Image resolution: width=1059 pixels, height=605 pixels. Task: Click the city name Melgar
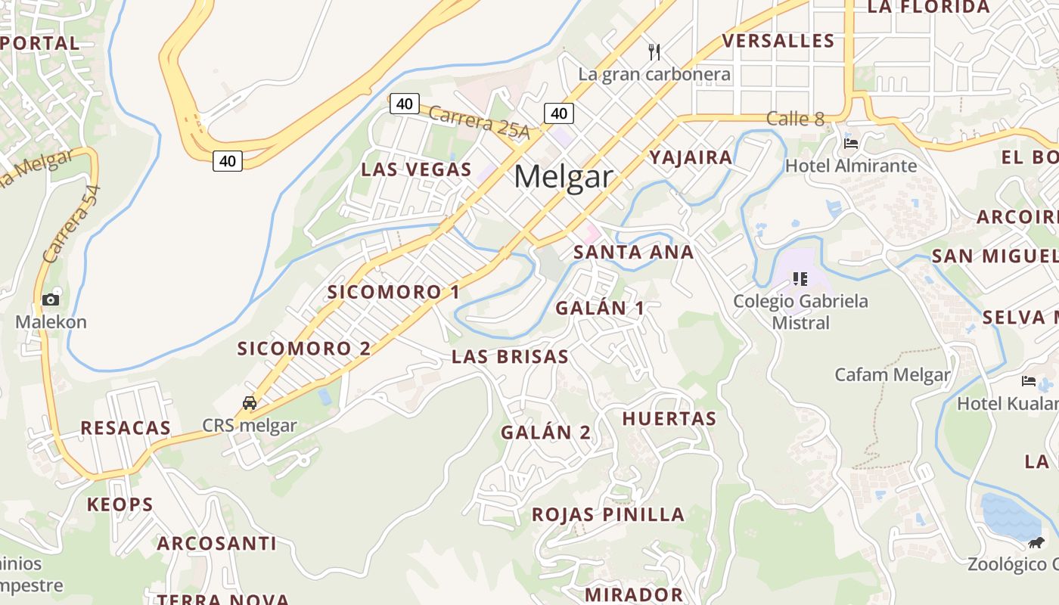point(563,177)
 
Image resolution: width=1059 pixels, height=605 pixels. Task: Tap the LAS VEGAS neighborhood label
point(416,169)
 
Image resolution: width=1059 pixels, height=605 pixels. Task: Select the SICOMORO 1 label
point(393,292)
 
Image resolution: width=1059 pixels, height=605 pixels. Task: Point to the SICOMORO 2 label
point(304,349)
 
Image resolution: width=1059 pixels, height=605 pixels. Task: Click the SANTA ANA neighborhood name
point(633,252)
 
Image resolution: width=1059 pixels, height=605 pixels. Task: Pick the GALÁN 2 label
point(545,433)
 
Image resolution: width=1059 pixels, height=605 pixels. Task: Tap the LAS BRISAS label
point(510,357)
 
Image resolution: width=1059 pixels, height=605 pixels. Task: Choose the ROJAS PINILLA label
point(608,515)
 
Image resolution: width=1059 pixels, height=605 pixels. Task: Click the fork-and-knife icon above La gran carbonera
point(654,52)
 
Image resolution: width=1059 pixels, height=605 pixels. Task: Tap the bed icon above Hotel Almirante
point(851,144)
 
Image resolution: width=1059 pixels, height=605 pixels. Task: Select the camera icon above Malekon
point(51,299)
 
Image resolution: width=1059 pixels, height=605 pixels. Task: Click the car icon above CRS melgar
point(250,403)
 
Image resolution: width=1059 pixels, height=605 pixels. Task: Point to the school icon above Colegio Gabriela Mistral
point(800,279)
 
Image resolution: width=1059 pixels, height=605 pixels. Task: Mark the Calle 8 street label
point(795,119)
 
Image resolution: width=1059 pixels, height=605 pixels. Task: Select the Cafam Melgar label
point(892,374)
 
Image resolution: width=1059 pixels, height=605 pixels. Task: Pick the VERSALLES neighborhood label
point(778,41)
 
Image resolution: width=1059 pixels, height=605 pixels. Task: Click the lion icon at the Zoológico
point(1036,542)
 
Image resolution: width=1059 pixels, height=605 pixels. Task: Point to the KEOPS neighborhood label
point(120,504)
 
